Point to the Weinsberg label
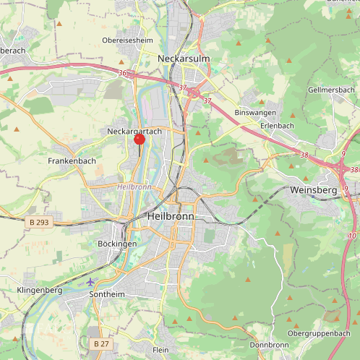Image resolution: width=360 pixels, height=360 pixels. click(x=313, y=189)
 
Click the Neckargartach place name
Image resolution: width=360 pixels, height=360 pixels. click(x=134, y=132)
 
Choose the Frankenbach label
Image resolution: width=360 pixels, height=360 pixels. click(x=72, y=160)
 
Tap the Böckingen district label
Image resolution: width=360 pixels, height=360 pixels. click(x=116, y=244)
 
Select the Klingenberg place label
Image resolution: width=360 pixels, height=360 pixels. click(x=39, y=290)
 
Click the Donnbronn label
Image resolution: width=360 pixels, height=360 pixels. click(x=269, y=345)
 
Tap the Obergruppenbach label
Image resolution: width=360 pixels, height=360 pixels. click(x=318, y=333)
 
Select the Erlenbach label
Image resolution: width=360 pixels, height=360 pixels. click(x=278, y=125)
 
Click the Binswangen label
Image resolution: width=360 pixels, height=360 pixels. click(x=255, y=113)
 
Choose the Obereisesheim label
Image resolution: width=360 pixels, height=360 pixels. click(x=128, y=40)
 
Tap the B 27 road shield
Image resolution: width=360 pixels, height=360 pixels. click(x=102, y=344)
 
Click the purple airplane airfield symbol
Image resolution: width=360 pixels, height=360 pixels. click(x=90, y=281)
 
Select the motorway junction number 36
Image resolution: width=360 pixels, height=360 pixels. click(x=122, y=73)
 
